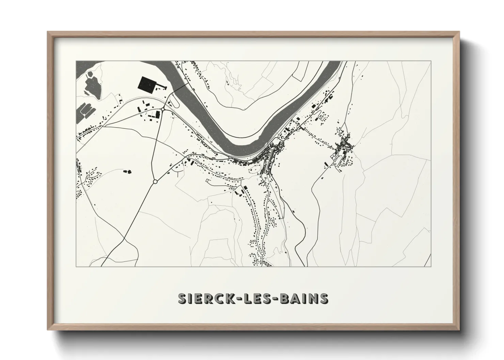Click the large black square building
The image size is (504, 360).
147,84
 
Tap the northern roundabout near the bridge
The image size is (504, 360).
163,109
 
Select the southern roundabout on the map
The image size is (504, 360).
155,182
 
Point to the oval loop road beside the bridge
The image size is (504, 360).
173,101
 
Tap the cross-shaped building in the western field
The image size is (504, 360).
129,172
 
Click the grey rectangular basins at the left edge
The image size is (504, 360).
85,111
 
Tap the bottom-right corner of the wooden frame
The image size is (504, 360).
459,331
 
